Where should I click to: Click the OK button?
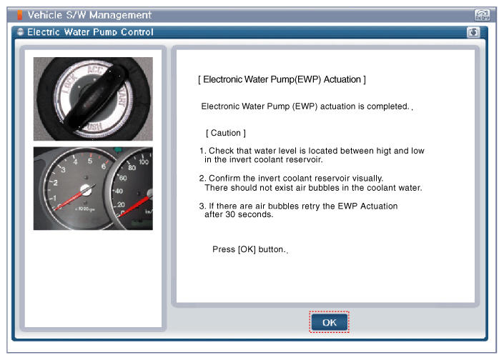pyautogui.click(x=329, y=322)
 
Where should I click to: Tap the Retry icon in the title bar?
pyautogui.click(x=482, y=15)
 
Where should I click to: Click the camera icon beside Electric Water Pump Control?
pyautogui.click(x=473, y=32)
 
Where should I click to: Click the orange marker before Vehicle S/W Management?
pyautogui.click(x=19, y=15)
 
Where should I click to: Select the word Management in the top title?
pyautogui.click(x=120, y=15)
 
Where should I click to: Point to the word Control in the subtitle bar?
pyautogui.click(x=137, y=32)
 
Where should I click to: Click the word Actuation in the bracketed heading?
pyautogui.click(x=342, y=79)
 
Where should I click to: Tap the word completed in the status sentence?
pyautogui.click(x=387, y=106)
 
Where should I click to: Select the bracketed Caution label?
pyautogui.click(x=226, y=133)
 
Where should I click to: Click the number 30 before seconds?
pyautogui.click(x=230, y=214)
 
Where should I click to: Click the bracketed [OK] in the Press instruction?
pyautogui.click(x=247, y=249)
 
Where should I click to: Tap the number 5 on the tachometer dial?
pyautogui.click(x=90, y=161)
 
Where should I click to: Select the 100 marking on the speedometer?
pyautogui.click(x=144, y=162)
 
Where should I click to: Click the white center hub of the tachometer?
pyautogui.click(x=86, y=190)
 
